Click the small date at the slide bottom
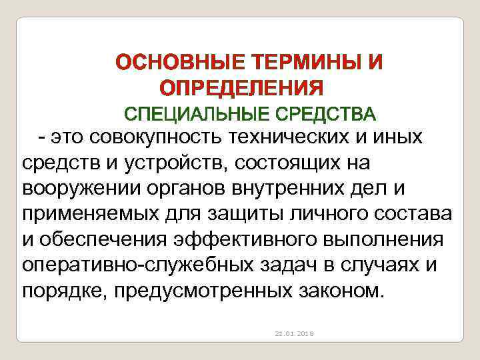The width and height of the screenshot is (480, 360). pyautogui.click(x=297, y=332)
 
